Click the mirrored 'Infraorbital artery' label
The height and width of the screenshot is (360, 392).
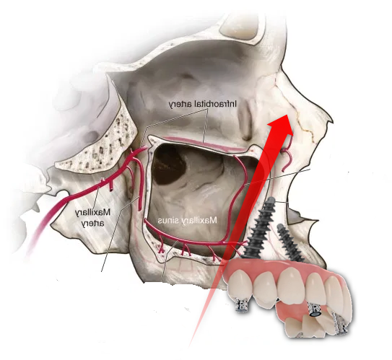[203, 104]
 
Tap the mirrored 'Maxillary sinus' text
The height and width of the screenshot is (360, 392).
[188, 220]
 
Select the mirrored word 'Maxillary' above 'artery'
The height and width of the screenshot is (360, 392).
[92, 213]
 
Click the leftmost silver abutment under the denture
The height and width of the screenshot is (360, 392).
[242, 305]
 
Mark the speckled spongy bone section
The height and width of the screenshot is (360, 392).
[100, 145]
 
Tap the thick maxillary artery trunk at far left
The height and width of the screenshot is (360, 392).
[48, 220]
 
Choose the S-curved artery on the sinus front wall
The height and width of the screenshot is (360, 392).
[238, 195]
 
